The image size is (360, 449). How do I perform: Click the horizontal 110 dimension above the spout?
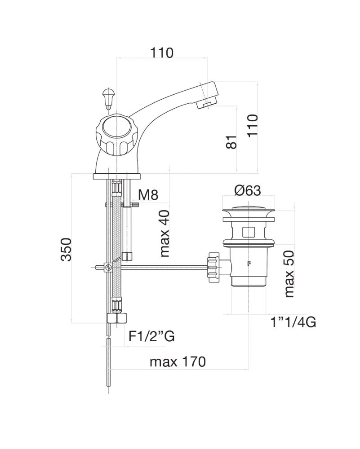162,53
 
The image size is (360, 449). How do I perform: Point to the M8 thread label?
148,195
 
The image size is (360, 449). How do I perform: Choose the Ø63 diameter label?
247,190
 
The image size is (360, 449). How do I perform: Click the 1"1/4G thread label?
293,322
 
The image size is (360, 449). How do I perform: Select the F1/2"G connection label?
151,336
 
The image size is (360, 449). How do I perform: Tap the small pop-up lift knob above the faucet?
108,96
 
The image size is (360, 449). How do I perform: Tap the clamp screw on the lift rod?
108,268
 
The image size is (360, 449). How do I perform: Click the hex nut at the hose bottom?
118,318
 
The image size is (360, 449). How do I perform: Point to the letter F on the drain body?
247,263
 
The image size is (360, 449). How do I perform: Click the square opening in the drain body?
247,232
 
